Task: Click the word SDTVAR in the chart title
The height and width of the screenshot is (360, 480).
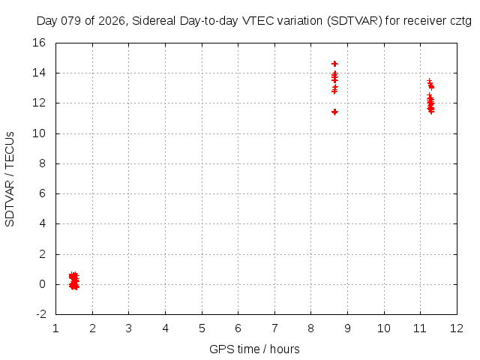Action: (x=346, y=21)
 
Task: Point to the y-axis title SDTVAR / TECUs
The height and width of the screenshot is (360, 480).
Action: (x=10, y=178)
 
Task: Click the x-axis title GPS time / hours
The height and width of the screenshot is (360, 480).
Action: (x=254, y=349)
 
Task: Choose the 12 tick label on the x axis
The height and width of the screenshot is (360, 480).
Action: (x=457, y=328)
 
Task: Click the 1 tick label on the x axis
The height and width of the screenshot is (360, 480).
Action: (x=56, y=328)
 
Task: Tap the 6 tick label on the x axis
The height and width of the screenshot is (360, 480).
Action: (x=238, y=328)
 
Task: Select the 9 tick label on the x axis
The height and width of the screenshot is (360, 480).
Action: (x=347, y=328)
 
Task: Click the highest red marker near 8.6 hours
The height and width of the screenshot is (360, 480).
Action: (x=334, y=64)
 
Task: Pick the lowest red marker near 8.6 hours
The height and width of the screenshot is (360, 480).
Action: (x=334, y=112)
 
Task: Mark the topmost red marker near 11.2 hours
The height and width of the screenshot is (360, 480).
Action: (x=429, y=82)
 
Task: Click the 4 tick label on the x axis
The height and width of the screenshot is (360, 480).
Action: (x=166, y=328)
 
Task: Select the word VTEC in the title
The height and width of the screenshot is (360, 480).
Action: (x=259, y=21)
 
